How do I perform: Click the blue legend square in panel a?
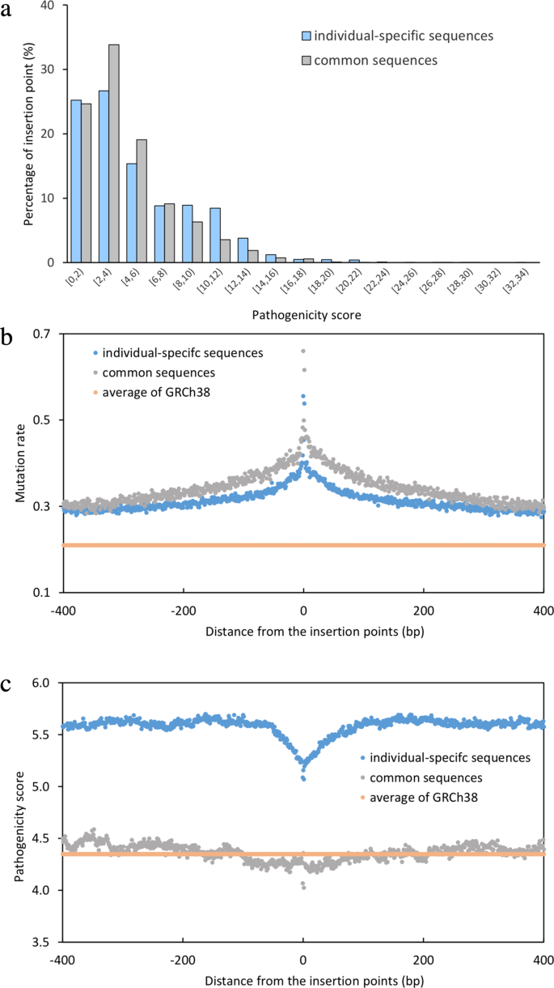click(x=307, y=36)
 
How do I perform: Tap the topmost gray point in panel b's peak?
click(x=303, y=351)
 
